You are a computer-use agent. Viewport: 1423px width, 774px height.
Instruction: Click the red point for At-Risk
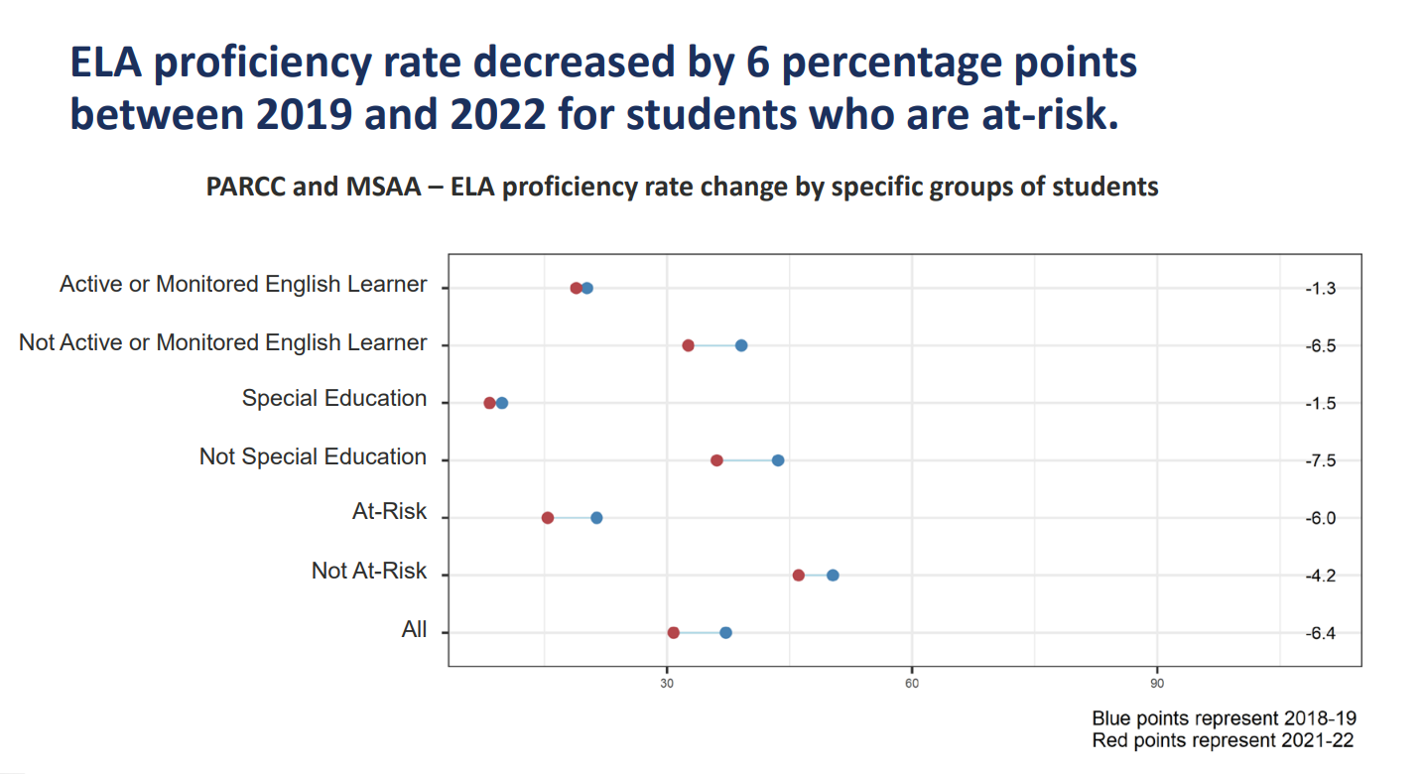[x=548, y=518]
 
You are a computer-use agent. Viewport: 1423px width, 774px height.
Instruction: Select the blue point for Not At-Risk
[x=833, y=576]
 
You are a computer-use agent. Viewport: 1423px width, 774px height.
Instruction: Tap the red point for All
[x=674, y=633]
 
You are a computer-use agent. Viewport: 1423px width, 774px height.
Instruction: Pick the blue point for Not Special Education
[x=778, y=460]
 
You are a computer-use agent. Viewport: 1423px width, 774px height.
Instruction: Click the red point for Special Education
[x=489, y=403]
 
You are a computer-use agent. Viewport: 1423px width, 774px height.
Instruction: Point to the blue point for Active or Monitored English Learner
[x=587, y=288]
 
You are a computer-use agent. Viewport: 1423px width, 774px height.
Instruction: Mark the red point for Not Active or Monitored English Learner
[x=688, y=345]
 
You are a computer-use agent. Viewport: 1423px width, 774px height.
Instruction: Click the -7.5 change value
[x=1322, y=461]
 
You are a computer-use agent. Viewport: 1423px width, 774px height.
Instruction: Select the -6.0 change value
[x=1322, y=519]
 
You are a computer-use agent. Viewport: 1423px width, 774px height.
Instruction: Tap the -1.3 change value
[x=1322, y=289]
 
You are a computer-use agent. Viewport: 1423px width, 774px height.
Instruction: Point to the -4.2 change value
[x=1322, y=577]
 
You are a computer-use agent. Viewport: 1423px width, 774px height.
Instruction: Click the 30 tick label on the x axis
[x=667, y=684]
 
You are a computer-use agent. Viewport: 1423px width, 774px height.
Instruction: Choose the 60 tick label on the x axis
[x=912, y=684]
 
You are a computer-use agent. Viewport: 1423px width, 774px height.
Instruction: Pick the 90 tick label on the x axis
[x=1157, y=684]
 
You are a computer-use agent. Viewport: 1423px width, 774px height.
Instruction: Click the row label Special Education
[x=334, y=399]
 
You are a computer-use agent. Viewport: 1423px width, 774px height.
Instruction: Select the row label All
[x=414, y=630]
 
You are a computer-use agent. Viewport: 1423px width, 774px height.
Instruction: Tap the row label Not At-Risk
[x=369, y=572]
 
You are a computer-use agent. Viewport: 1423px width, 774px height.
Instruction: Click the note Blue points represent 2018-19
[x=1224, y=718]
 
